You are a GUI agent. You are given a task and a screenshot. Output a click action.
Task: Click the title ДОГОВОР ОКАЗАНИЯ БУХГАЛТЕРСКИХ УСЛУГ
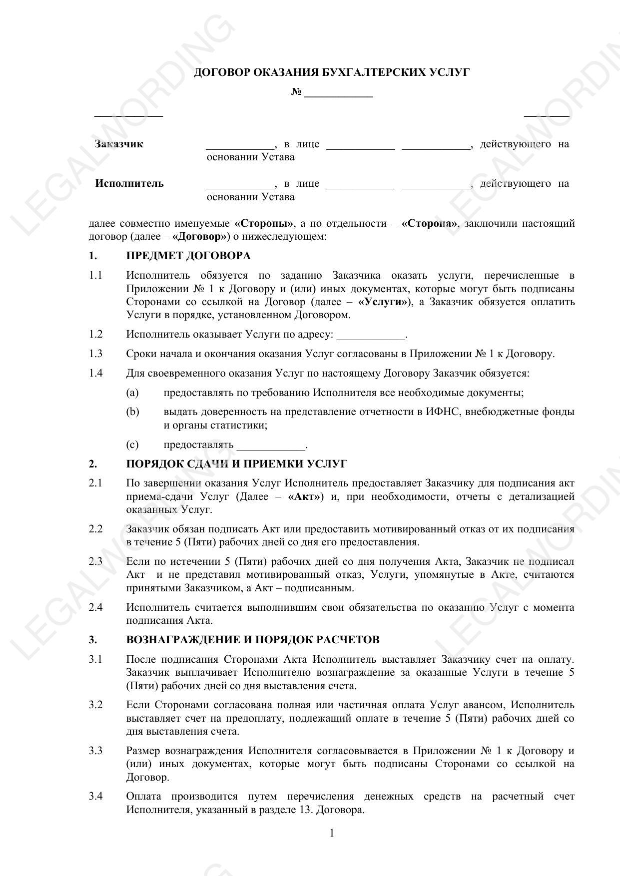[x=331, y=73]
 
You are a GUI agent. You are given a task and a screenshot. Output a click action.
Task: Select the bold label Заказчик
[x=119, y=144]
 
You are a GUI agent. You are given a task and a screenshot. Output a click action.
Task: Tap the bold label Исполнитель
[x=129, y=183]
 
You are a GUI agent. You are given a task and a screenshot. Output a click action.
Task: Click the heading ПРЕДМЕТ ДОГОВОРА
[x=188, y=256]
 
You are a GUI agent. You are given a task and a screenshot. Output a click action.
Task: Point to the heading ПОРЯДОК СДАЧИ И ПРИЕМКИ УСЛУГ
[x=236, y=464]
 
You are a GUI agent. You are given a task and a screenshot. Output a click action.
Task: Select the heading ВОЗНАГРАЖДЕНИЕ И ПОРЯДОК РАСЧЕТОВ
[x=253, y=640]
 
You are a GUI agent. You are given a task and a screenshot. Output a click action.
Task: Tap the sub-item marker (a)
[x=132, y=393]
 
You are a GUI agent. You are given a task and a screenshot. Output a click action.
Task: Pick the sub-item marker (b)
[x=132, y=412]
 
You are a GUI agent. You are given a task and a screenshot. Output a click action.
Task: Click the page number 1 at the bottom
[x=332, y=833]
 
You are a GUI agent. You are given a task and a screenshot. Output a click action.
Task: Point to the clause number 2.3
[x=96, y=561]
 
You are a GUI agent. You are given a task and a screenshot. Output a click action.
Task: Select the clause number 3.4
[x=96, y=796]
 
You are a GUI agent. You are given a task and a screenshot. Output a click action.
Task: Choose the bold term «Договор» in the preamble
[x=201, y=236]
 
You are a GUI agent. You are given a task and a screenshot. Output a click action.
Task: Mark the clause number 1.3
[x=96, y=354]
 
